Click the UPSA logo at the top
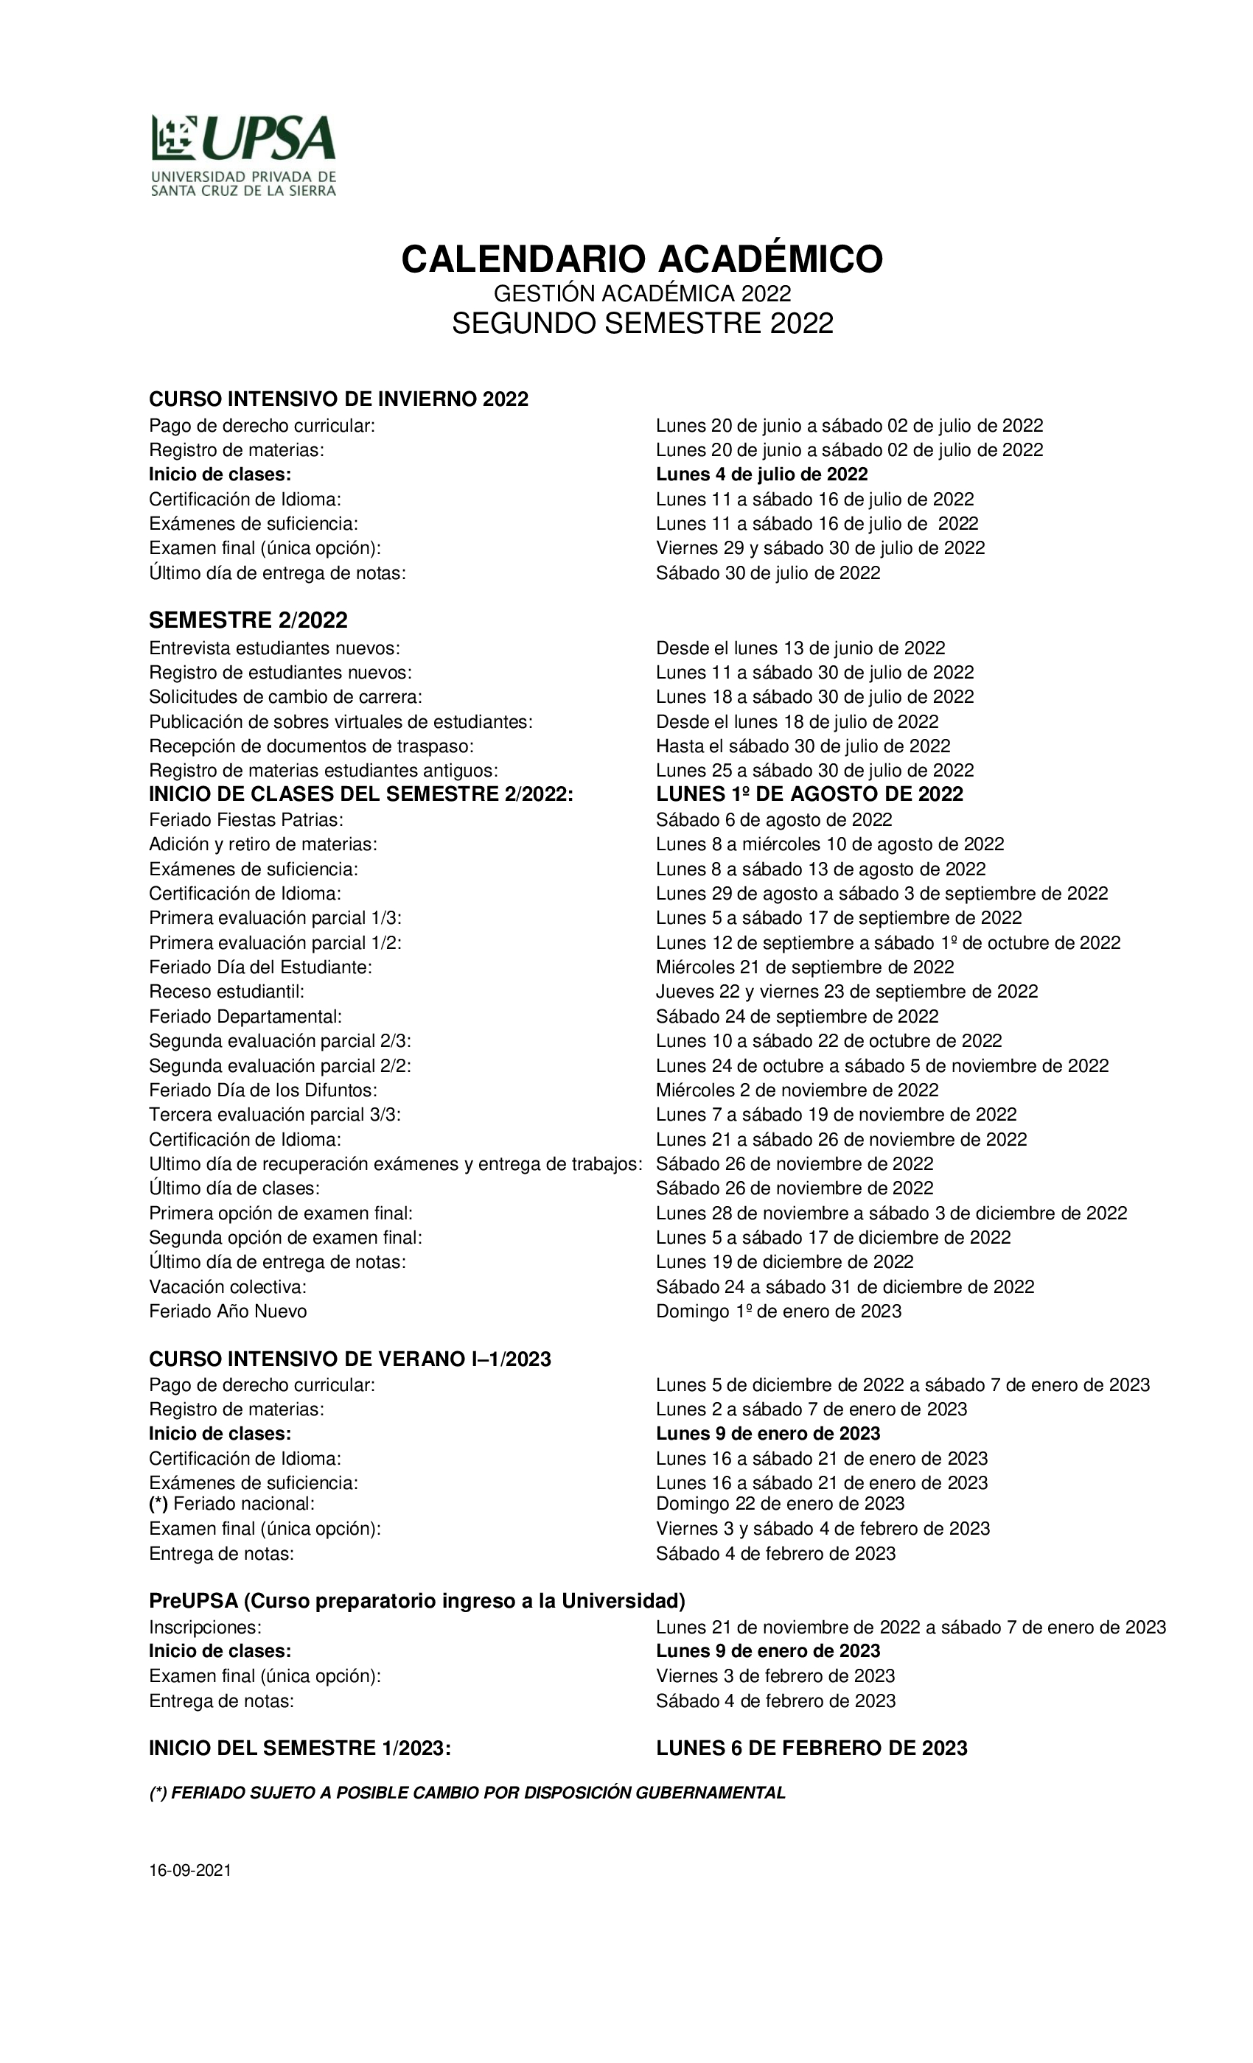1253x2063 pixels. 243,155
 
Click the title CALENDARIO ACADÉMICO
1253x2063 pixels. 641,259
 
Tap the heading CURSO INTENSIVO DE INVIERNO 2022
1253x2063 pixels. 338,399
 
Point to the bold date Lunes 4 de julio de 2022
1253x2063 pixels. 761,474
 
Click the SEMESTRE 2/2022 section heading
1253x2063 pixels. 248,620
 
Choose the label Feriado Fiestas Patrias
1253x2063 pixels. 246,819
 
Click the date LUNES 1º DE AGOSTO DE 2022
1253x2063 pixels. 809,794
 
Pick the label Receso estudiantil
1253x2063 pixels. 226,991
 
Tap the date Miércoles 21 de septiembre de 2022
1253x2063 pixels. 804,967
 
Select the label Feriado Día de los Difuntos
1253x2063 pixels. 263,1090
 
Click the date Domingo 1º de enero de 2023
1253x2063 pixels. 778,1311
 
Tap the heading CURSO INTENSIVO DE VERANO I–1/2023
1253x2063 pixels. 350,1359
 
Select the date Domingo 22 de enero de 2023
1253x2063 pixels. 780,1503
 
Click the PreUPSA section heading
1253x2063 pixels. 417,1601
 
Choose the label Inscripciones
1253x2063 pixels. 205,1627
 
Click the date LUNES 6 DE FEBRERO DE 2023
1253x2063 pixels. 811,1748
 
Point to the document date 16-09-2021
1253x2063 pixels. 190,1871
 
